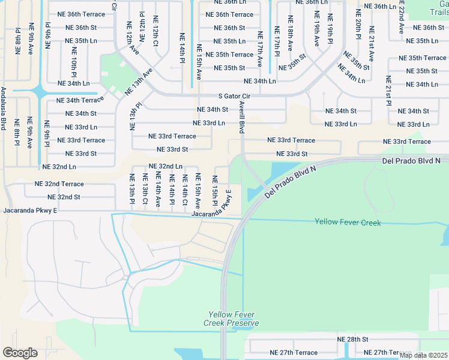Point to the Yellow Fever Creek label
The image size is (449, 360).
tap(348, 222)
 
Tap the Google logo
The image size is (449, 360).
tap(20, 353)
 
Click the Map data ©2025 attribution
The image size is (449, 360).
tap(423, 355)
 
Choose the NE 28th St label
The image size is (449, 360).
tap(352, 339)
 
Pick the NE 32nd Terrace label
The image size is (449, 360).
tap(59, 184)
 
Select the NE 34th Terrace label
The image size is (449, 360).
tap(80, 100)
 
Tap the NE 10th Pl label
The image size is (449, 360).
tap(74, 62)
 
